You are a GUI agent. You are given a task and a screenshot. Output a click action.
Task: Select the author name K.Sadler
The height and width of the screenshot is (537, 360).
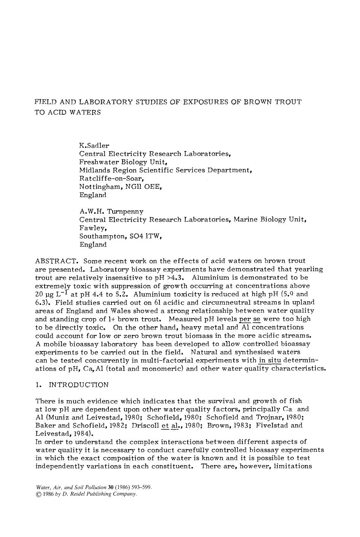point(94,145)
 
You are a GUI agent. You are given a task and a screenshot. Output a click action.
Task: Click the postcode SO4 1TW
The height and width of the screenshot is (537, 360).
point(145,237)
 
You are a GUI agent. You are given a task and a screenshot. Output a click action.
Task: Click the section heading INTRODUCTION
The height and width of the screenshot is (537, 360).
point(79,385)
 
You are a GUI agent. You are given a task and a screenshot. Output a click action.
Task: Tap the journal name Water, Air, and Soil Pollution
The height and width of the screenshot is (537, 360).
point(71,487)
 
